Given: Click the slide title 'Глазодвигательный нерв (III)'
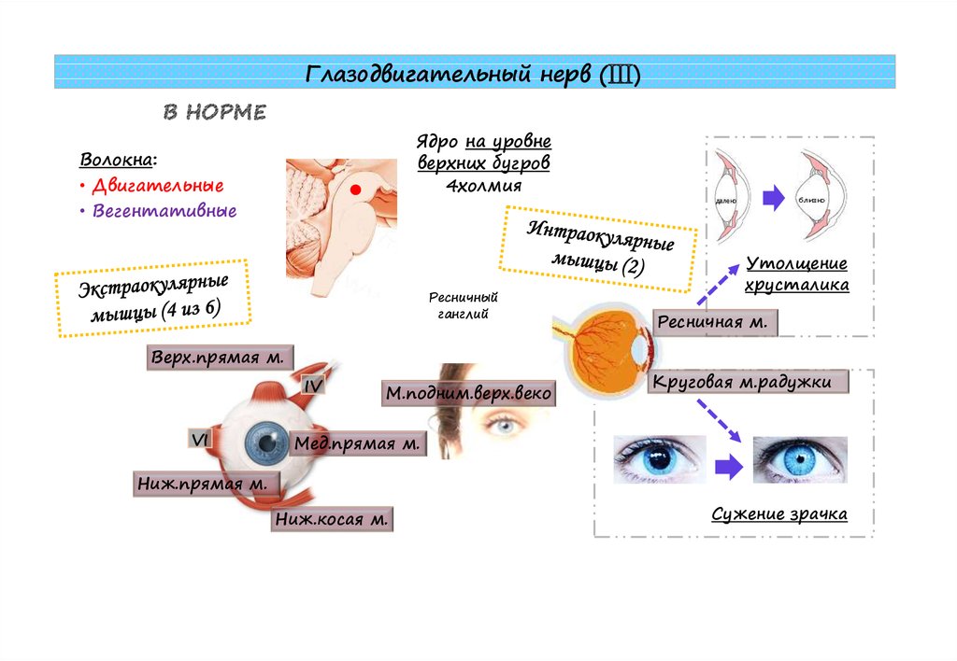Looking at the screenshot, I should (474, 74).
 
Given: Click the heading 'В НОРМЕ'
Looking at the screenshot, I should (215, 113).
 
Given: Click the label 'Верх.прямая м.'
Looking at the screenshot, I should (221, 359).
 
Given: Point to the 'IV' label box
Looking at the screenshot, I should (312, 384).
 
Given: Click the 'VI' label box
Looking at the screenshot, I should (199, 439).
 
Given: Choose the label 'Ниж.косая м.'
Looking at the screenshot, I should (331, 519).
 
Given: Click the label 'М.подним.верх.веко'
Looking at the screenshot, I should (468, 394).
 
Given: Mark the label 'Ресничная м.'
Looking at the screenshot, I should (713, 322).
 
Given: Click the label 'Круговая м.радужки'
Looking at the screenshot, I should (750, 382).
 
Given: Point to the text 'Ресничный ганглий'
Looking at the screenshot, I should (464, 305).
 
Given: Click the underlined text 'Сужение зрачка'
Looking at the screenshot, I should (779, 514).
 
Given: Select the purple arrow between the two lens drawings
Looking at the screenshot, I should (772, 198).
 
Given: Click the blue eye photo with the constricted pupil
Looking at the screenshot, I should (800, 459).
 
